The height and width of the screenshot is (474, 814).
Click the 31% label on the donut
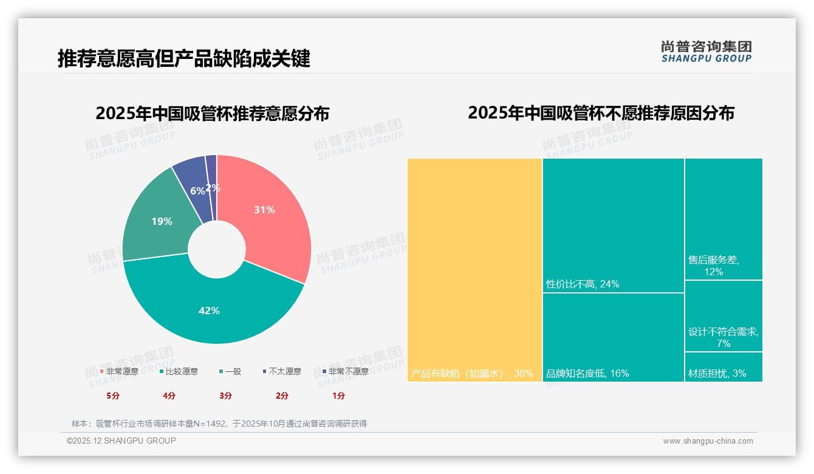(x=264, y=210)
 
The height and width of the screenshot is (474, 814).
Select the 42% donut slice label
(x=209, y=311)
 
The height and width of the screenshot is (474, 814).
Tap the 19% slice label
(x=162, y=221)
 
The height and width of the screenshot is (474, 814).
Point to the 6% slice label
(x=197, y=191)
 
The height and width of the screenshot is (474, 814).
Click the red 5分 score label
(x=113, y=396)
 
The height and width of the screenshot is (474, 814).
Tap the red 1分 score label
(x=338, y=396)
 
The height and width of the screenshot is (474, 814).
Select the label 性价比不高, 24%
(x=582, y=284)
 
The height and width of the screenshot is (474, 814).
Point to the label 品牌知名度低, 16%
(x=587, y=373)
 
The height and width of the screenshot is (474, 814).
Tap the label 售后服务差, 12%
(x=714, y=266)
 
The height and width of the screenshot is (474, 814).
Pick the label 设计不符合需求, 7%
(x=723, y=337)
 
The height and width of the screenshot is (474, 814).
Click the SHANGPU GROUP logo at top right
(x=706, y=51)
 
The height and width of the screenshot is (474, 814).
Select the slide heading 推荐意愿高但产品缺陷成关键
(x=184, y=58)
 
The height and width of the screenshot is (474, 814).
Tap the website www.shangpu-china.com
(x=708, y=441)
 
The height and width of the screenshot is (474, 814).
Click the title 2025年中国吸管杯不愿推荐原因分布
(x=601, y=113)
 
